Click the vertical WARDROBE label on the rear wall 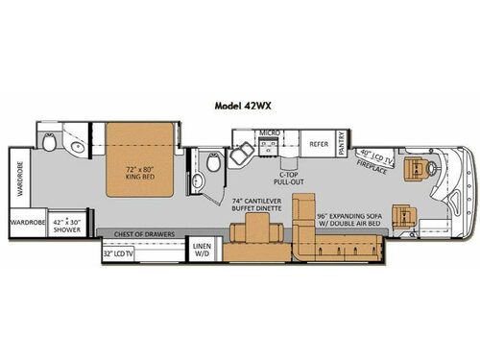[19, 175]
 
